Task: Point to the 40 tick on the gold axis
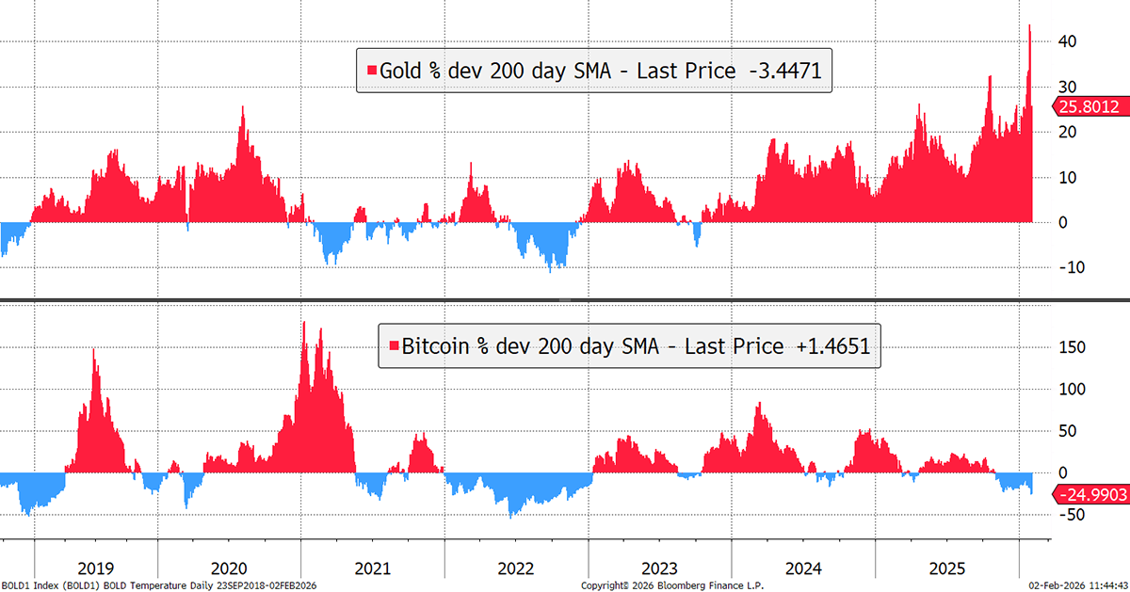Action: pos(1064,42)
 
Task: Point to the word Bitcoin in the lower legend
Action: pos(437,346)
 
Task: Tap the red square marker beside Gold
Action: pos(372,71)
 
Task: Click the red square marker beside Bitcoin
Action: pos(395,347)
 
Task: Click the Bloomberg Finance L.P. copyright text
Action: pos(672,585)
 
